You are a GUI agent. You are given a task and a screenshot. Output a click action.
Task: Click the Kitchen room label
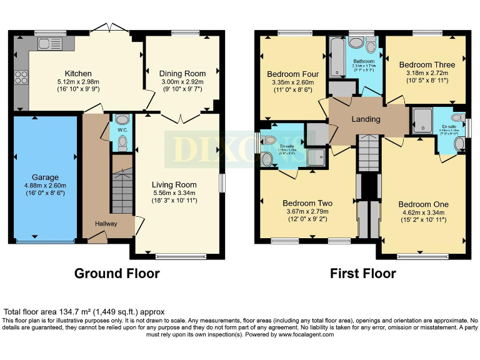coord(78,74)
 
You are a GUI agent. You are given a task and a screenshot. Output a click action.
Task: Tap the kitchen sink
coord(47,43)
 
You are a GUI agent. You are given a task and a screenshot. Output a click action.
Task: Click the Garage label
coord(46,177)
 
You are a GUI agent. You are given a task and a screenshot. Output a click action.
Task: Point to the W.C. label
coord(122,130)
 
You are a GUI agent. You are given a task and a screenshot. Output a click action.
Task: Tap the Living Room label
coord(174,184)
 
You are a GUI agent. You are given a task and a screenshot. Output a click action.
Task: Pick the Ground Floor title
coord(117,274)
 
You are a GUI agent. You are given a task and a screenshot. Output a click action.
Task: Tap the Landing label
coord(366,119)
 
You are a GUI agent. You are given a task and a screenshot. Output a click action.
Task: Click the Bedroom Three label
coord(427,64)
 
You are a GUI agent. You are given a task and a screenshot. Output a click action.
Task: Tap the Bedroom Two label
coord(307,203)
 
